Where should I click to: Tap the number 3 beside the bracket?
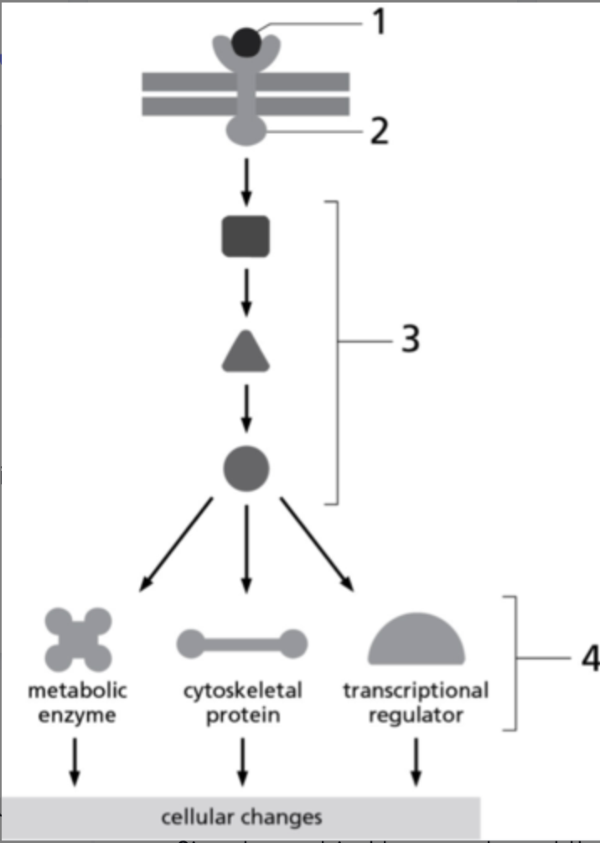pyautogui.click(x=409, y=341)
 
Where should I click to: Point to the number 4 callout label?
pyautogui.click(x=589, y=659)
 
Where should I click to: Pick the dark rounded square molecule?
pyautogui.click(x=246, y=236)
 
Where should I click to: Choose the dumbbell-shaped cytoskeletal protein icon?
pyautogui.click(x=242, y=644)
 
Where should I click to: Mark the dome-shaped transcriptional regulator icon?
pyautogui.click(x=416, y=640)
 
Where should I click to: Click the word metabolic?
pyautogui.click(x=78, y=692)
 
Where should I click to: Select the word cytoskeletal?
pyautogui.click(x=243, y=692)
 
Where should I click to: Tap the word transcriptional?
pyautogui.click(x=416, y=692)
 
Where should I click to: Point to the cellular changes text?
pyautogui.click(x=241, y=816)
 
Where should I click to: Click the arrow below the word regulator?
pyautogui.click(x=415, y=761)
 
